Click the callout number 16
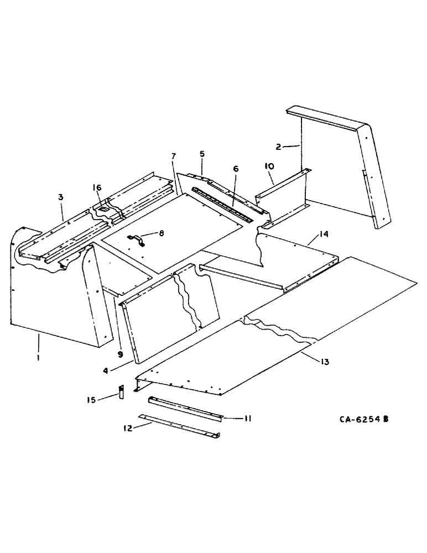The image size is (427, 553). pyautogui.click(x=97, y=188)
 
